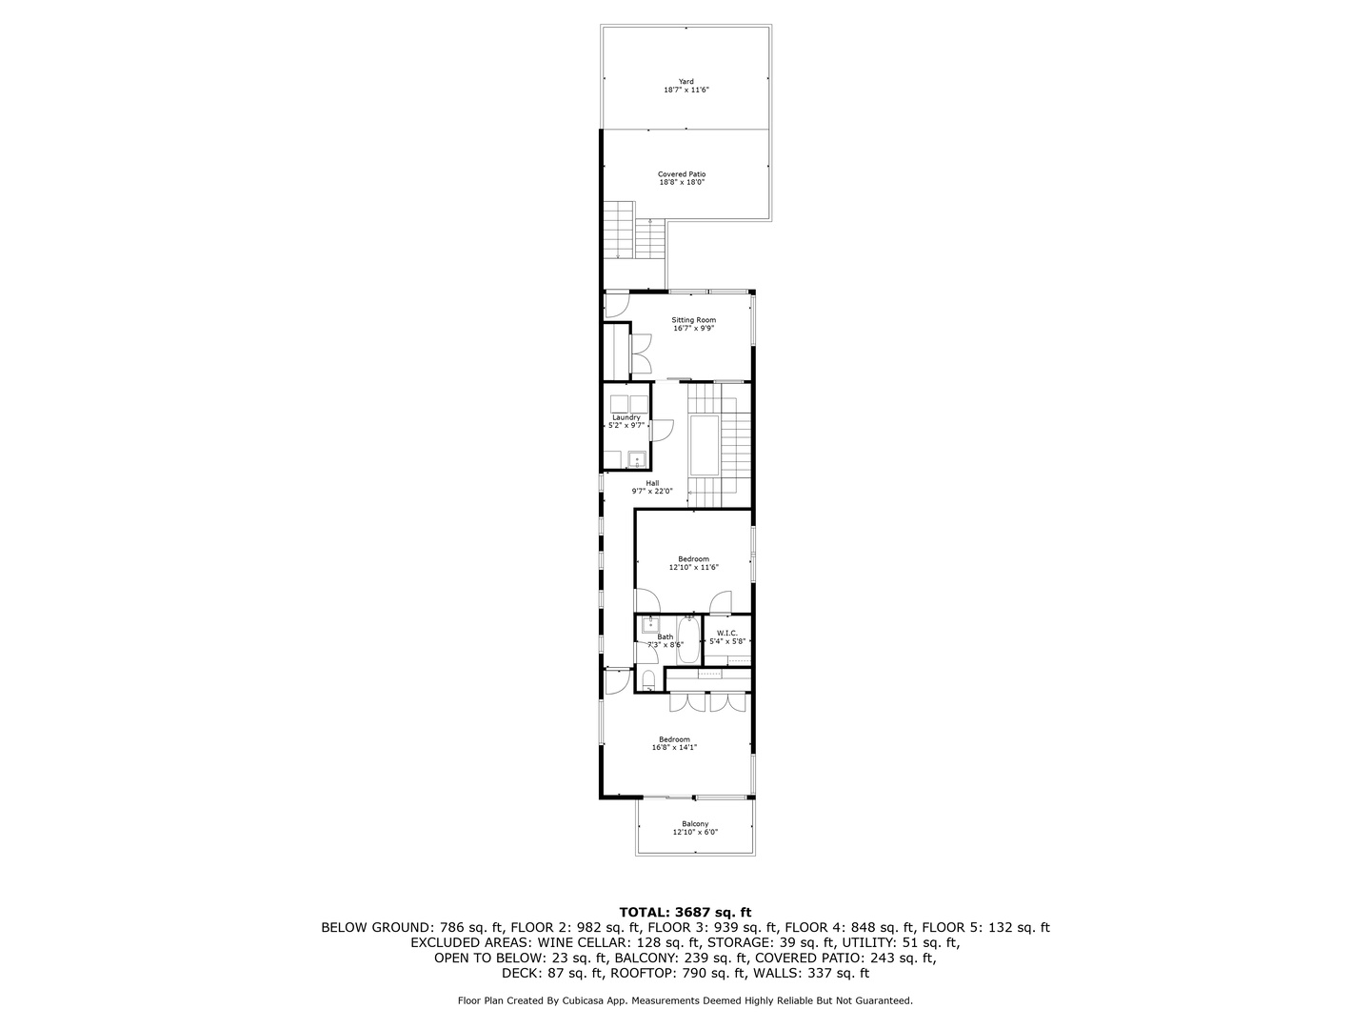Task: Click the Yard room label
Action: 685,81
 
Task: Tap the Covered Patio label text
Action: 682,174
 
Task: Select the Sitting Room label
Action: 693,320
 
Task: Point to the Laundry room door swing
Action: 662,430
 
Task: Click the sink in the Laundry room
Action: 637,459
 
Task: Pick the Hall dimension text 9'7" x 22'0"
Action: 652,491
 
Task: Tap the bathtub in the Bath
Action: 689,640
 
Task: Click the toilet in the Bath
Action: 648,679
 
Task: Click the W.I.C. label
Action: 727,633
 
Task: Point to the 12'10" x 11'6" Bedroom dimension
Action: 693,567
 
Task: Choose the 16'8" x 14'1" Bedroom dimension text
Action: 674,747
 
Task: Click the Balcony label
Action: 695,824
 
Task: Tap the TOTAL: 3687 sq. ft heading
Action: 685,913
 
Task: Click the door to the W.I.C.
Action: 720,601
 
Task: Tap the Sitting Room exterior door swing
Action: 617,306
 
